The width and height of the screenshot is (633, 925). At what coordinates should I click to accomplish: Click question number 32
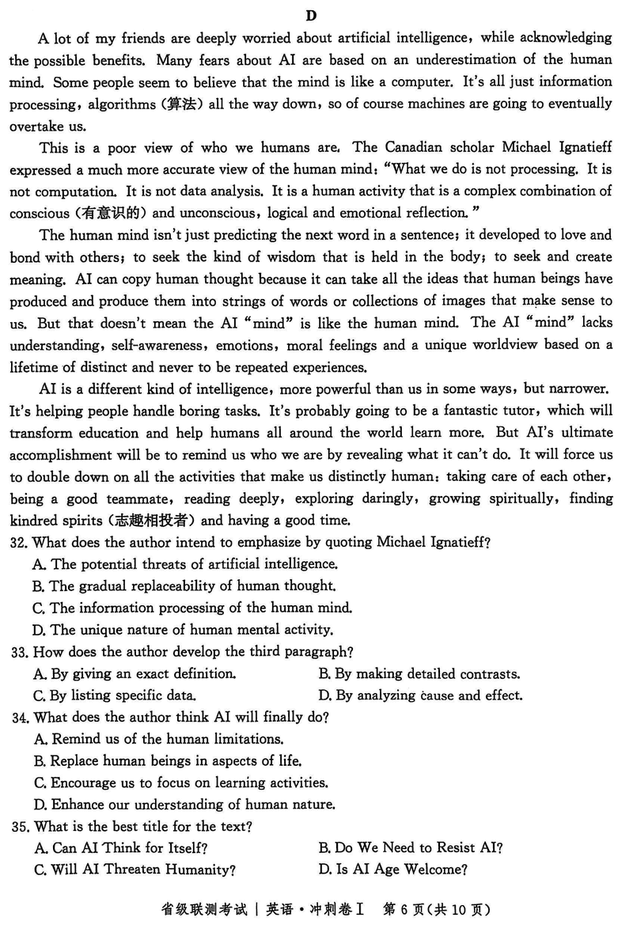coord(19,542)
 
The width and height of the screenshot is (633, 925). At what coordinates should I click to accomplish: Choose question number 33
coord(19,652)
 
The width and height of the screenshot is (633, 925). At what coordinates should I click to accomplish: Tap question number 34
coord(19,717)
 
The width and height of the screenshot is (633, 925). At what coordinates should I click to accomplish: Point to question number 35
coord(19,827)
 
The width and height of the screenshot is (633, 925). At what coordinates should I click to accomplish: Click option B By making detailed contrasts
coord(419,674)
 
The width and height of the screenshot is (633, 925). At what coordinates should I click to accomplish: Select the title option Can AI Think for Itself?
coord(129,848)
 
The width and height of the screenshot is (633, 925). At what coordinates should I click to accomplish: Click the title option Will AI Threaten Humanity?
coord(142,870)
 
